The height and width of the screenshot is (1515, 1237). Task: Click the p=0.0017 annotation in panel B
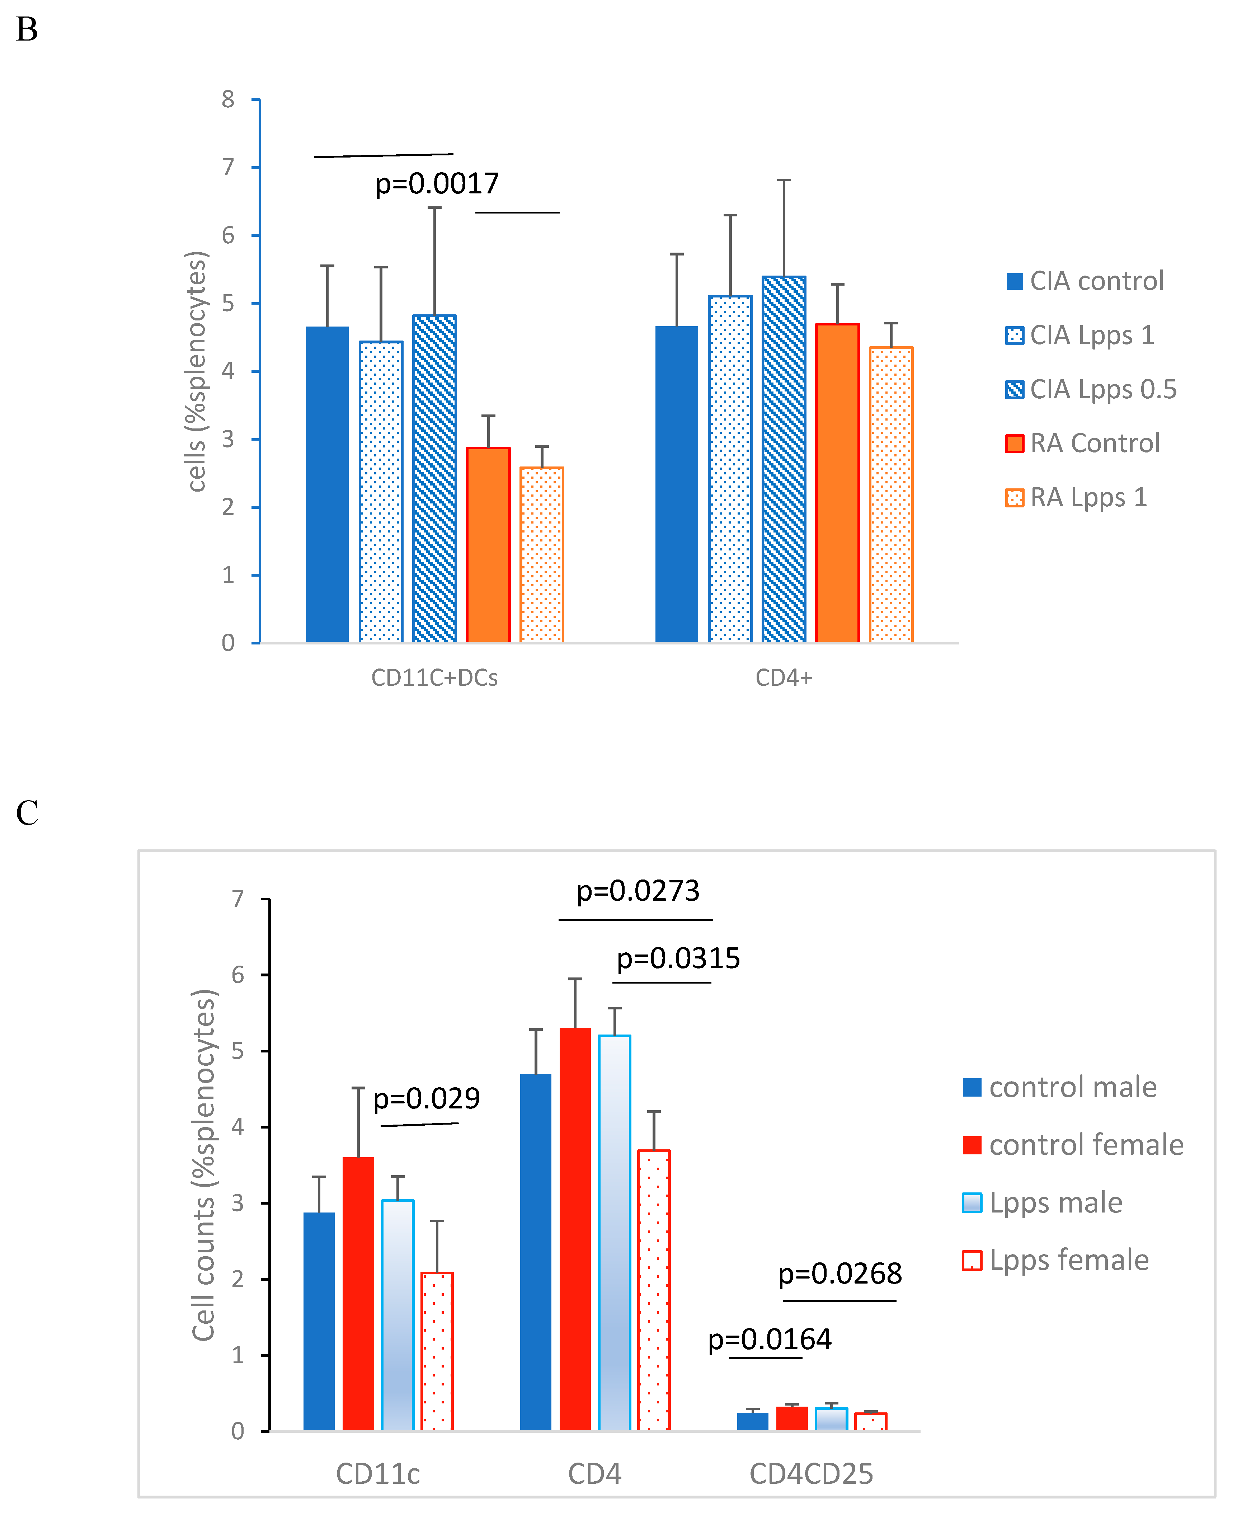(x=437, y=184)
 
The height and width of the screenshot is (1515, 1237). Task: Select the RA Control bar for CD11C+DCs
(x=488, y=545)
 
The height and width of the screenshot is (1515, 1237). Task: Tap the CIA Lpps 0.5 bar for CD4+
(x=784, y=460)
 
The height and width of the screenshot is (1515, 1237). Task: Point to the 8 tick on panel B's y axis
(x=228, y=100)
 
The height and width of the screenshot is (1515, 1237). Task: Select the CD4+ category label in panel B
(x=784, y=678)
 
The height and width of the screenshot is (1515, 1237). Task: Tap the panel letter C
(x=27, y=813)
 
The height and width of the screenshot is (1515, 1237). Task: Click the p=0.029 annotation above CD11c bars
(x=426, y=1099)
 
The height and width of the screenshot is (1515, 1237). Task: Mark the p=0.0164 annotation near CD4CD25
(x=770, y=1340)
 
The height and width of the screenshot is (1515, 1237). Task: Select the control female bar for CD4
(x=575, y=1229)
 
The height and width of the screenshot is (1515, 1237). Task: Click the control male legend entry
(x=1072, y=1087)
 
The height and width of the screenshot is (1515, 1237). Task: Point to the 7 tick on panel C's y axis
(x=238, y=899)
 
